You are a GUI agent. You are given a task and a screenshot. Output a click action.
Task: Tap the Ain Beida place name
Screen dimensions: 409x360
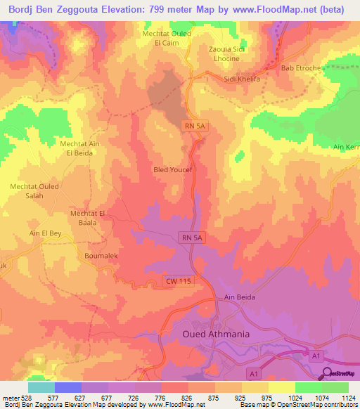tap(239, 298)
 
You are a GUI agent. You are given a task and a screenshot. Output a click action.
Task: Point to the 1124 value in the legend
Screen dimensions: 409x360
tap(348, 398)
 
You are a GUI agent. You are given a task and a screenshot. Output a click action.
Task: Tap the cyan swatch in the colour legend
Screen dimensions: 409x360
tap(41, 387)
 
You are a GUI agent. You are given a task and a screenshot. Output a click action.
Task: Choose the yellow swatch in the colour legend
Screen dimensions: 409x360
tap(282, 387)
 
